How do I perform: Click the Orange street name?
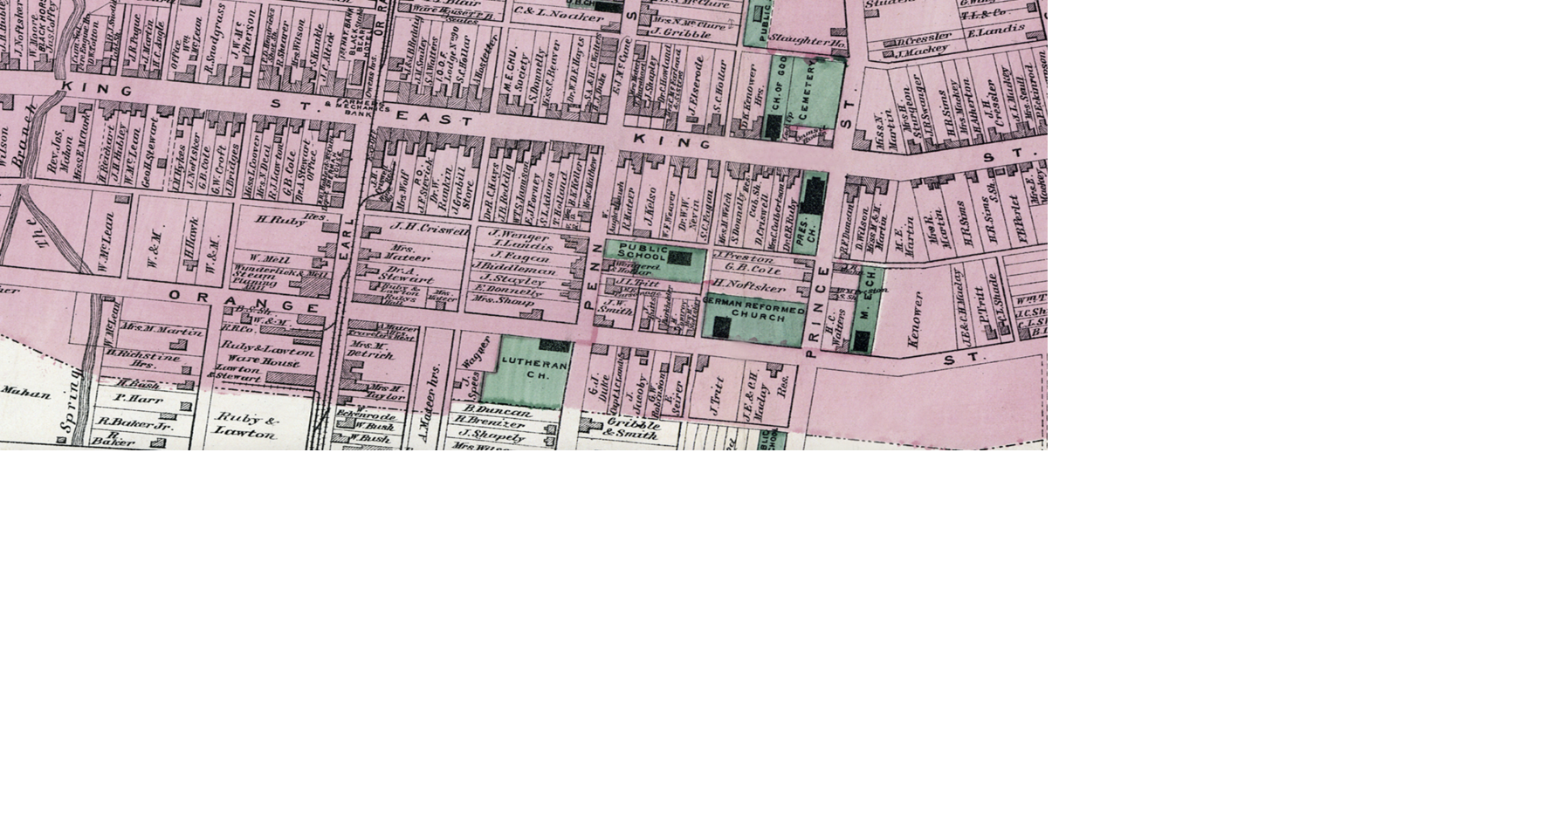pos(244,301)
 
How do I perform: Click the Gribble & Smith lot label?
pos(631,429)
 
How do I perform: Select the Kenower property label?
pos(915,320)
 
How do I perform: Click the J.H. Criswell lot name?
pos(430,229)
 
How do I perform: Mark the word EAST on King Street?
pos(435,118)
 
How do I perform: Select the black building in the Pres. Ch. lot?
pos(815,194)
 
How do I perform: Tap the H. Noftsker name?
pos(748,285)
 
